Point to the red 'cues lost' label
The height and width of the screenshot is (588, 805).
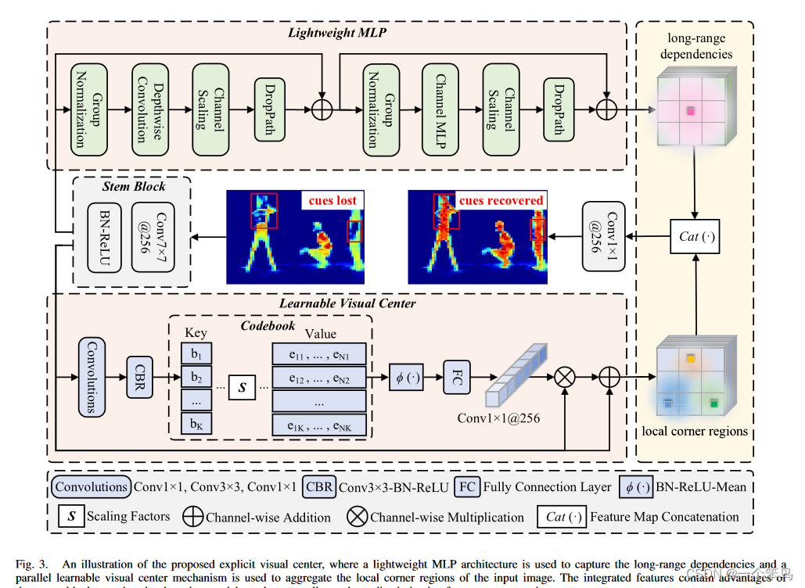click(x=332, y=201)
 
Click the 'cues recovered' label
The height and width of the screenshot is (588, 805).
click(x=501, y=201)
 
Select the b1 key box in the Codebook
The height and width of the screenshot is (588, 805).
click(x=196, y=353)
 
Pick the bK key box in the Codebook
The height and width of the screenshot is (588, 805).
click(x=196, y=425)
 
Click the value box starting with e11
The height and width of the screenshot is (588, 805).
click(x=318, y=353)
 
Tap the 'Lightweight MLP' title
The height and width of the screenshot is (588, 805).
click(x=337, y=33)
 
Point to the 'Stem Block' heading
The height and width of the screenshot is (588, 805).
click(x=134, y=186)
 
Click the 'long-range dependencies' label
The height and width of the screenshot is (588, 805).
click(x=696, y=46)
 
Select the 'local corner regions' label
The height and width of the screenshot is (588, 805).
click(x=695, y=431)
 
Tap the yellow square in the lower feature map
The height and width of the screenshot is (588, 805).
click(x=691, y=359)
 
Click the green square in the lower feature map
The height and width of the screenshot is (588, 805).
click(x=713, y=403)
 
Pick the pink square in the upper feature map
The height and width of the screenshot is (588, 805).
click(x=691, y=111)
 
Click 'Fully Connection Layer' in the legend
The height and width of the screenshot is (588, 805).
click(x=547, y=487)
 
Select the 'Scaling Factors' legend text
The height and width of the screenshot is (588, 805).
click(x=128, y=516)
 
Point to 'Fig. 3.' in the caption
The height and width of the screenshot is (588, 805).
click(x=34, y=564)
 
